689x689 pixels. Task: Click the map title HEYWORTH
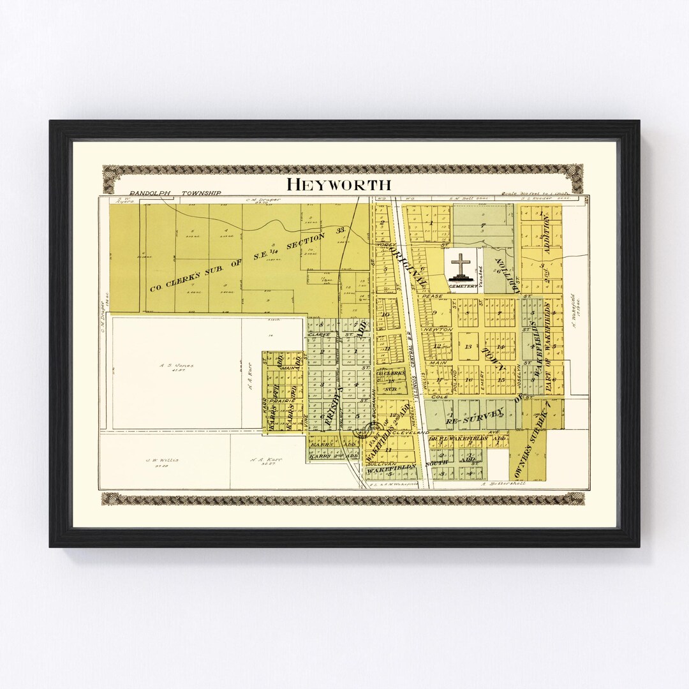pyautogui.click(x=338, y=184)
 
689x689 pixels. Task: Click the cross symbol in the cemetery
pyautogui.click(x=461, y=265)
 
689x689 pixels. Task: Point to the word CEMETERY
pyautogui.click(x=463, y=286)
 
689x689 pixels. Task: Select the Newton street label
pyautogui.click(x=438, y=329)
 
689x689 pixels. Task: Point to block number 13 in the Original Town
pyautogui.click(x=468, y=346)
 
